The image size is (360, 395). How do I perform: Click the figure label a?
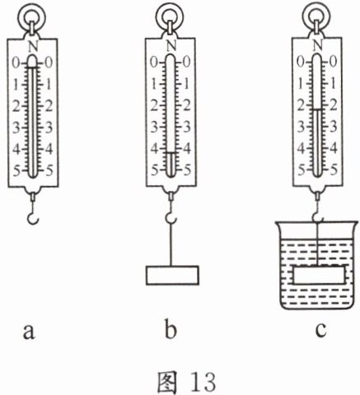click(x=29, y=332)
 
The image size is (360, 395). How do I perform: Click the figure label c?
click(x=320, y=330)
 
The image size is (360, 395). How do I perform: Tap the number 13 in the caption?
click(x=203, y=382)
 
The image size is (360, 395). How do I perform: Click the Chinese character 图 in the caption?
click(x=167, y=382)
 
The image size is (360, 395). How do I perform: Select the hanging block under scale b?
click(x=172, y=276)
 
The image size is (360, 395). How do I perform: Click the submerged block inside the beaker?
click(x=319, y=275)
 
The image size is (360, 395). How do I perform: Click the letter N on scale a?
click(x=33, y=46)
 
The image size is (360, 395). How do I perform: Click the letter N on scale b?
click(x=171, y=45)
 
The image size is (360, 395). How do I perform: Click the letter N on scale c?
click(x=318, y=45)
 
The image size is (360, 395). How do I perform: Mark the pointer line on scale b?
click(x=171, y=152)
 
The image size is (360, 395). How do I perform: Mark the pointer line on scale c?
click(x=317, y=109)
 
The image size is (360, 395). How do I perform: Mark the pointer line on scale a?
click(x=32, y=67)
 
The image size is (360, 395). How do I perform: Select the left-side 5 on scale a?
click(x=16, y=172)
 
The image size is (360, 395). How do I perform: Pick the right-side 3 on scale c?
click(x=333, y=127)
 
